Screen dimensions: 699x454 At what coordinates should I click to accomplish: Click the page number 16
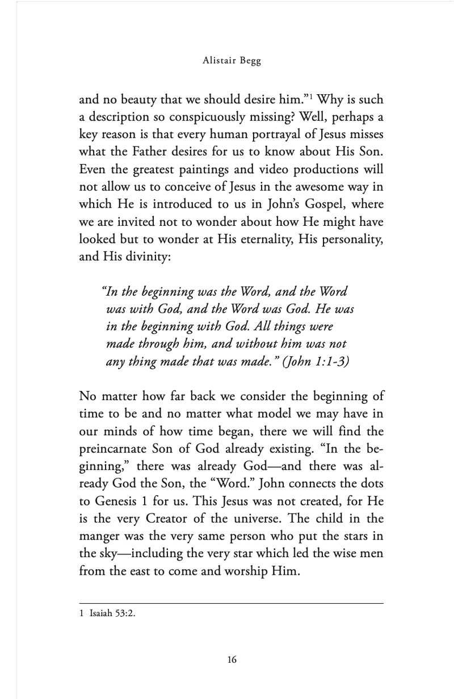coord(232,659)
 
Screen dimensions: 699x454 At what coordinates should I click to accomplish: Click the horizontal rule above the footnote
coord(232,603)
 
